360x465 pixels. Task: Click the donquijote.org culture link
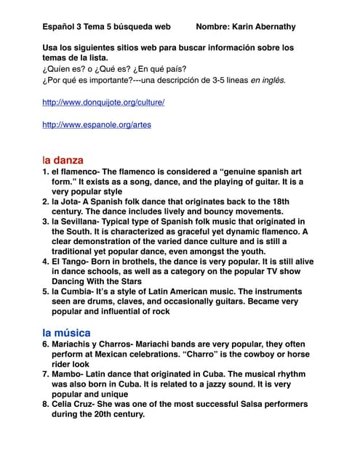coord(103,102)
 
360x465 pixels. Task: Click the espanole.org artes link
coord(97,125)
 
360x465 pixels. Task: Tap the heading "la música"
coord(66,333)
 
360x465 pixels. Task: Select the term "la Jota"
coord(68,201)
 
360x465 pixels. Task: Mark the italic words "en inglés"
coord(265,79)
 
